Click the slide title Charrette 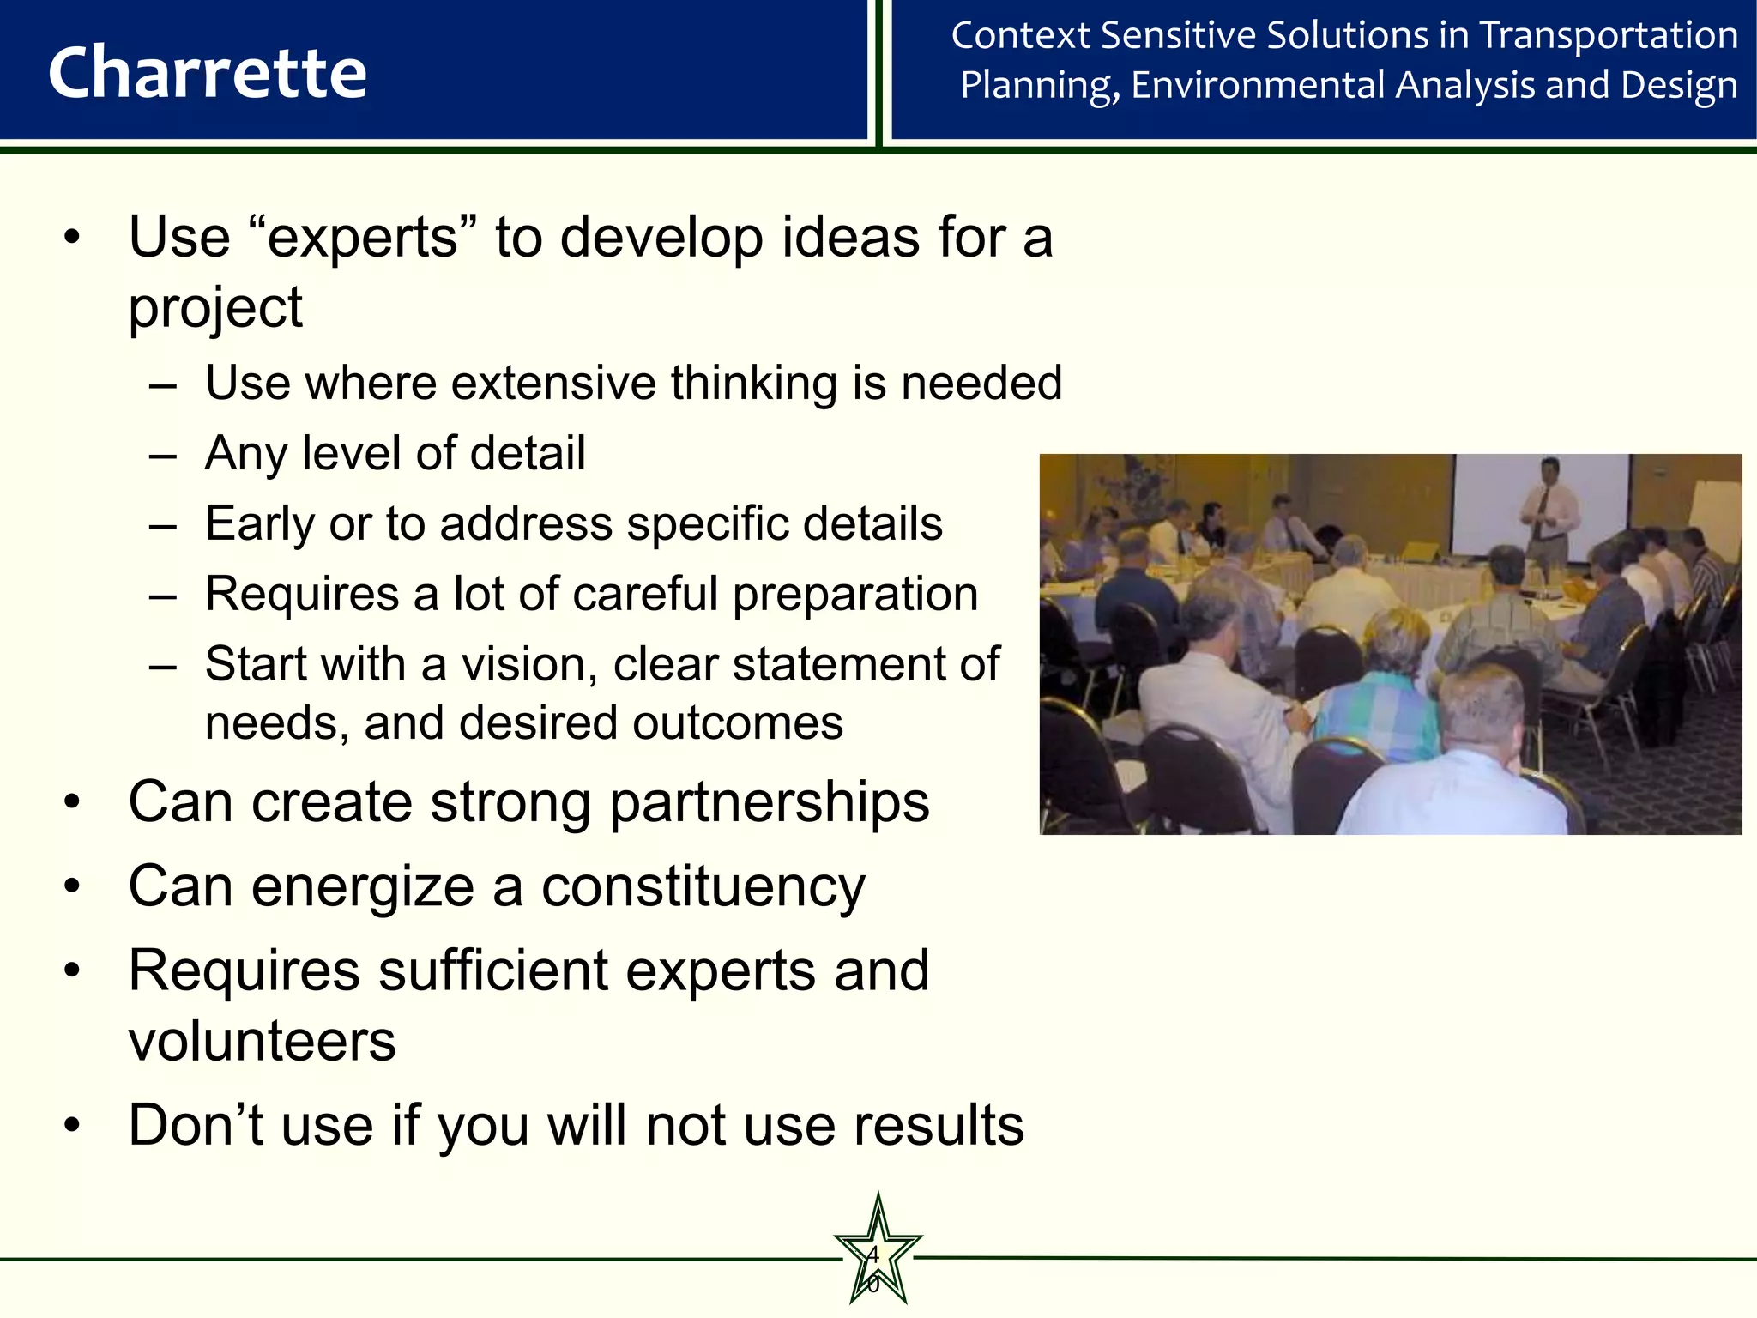(208, 73)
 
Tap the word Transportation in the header (1609, 36)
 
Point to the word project (215, 308)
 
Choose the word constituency (703, 887)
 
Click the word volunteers (263, 1042)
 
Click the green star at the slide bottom (877, 1255)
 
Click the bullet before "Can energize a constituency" (72, 887)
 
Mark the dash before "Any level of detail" (162, 455)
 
